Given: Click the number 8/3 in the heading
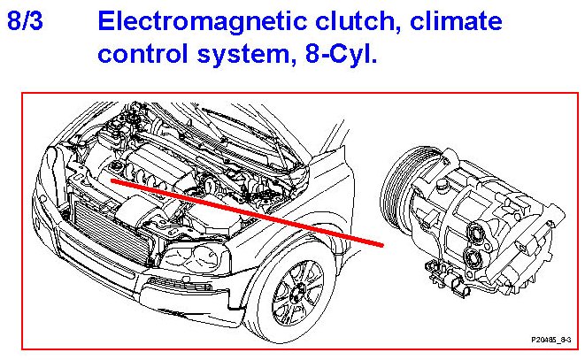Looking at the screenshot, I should click(27, 21).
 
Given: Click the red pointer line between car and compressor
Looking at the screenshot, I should click(248, 207).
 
